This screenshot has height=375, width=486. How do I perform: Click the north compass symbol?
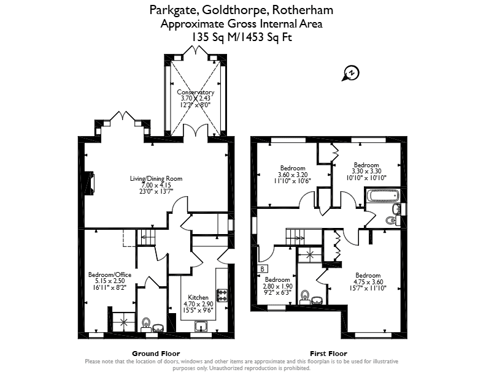click(x=351, y=74)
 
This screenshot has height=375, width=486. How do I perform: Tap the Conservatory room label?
click(x=196, y=92)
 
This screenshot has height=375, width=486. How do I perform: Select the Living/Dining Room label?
click(x=156, y=178)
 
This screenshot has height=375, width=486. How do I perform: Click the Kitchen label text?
click(x=198, y=297)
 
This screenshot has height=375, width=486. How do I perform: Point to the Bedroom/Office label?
click(x=110, y=275)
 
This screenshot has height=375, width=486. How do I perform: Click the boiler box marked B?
click(x=262, y=269)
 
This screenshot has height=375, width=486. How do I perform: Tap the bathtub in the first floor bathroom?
click(x=382, y=195)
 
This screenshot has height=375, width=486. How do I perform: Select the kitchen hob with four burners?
click(x=223, y=295)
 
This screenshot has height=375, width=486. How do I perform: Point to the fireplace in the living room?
click(x=89, y=183)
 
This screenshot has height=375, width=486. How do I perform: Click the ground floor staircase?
click(x=145, y=238)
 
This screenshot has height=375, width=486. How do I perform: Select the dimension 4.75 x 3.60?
click(x=368, y=282)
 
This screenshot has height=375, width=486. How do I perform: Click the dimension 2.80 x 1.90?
click(x=278, y=286)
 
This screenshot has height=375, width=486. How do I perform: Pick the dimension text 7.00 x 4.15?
click(x=156, y=185)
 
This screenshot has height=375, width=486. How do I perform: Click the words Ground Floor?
click(x=156, y=354)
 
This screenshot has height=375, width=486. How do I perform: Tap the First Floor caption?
click(x=328, y=354)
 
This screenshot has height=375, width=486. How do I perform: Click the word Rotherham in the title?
click(x=303, y=10)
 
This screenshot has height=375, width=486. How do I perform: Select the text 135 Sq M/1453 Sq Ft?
click(x=242, y=37)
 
